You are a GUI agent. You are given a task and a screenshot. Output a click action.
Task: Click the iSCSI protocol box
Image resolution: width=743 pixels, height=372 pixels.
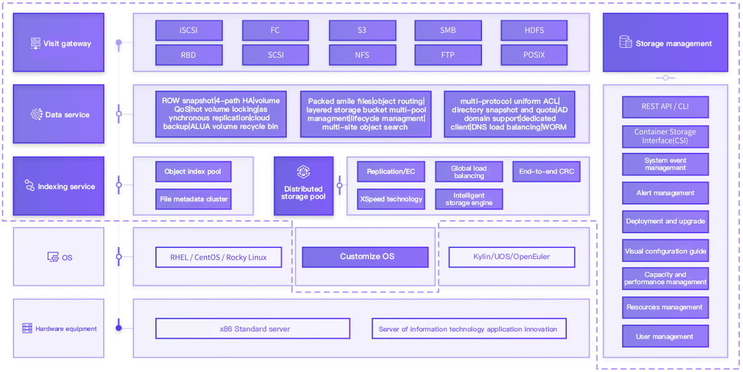(x=189, y=31)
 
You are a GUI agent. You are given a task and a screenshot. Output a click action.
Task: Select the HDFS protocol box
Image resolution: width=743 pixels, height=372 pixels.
(x=534, y=31)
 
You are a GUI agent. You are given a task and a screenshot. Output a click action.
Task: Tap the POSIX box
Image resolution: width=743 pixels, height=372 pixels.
(x=534, y=55)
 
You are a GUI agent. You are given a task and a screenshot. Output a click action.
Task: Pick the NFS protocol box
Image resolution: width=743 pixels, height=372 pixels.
(x=362, y=55)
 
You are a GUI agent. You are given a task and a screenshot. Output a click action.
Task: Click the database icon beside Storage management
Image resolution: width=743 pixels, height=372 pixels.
(x=626, y=42)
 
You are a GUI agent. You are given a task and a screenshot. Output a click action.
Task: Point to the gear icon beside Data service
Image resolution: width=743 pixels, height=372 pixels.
(x=36, y=114)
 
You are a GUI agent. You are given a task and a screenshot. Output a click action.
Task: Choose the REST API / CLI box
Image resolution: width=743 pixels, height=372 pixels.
(x=666, y=107)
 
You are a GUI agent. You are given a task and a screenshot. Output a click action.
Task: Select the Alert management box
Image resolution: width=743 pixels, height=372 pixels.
(x=666, y=193)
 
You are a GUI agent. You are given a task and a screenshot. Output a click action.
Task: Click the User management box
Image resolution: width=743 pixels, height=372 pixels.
(x=666, y=336)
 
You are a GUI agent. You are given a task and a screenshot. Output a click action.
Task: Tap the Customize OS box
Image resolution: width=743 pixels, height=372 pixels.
(x=365, y=257)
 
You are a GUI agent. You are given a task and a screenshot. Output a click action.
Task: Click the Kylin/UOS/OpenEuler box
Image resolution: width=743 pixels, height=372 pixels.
(x=512, y=257)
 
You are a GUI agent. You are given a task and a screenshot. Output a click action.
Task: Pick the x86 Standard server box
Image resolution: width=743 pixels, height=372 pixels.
(x=253, y=328)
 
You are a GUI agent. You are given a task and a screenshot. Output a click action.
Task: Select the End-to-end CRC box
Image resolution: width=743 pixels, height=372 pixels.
(x=547, y=171)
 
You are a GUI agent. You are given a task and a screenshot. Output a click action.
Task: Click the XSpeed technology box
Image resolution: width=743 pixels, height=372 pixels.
(x=391, y=200)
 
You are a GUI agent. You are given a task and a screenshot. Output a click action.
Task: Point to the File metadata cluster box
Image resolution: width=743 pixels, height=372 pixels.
(x=193, y=200)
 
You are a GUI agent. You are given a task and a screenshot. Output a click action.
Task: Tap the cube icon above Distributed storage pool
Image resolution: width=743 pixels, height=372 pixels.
(x=303, y=172)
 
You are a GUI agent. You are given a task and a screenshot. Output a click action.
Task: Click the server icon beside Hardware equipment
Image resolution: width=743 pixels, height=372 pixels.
(x=27, y=328)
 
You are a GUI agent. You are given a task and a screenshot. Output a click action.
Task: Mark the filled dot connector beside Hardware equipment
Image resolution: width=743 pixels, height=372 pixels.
(x=119, y=328)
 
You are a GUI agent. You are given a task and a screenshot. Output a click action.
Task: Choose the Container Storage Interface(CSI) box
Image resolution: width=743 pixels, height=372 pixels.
(x=666, y=137)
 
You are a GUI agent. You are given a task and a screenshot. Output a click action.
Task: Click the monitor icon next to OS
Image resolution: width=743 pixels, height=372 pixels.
(x=53, y=257)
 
